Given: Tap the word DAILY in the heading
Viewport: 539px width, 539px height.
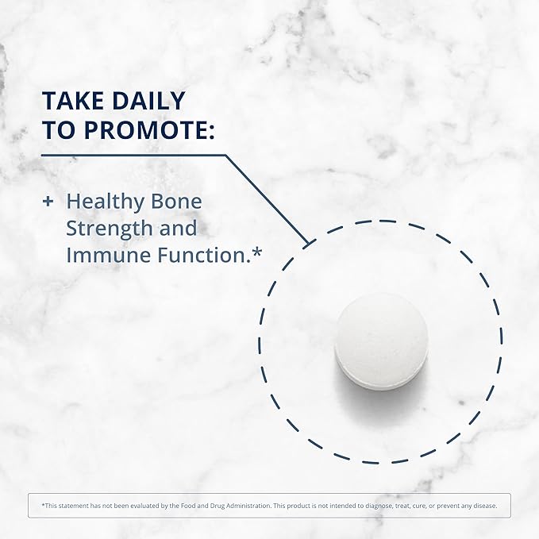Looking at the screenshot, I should pos(148,100).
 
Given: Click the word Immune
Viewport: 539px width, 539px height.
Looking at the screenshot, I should pos(97,256).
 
